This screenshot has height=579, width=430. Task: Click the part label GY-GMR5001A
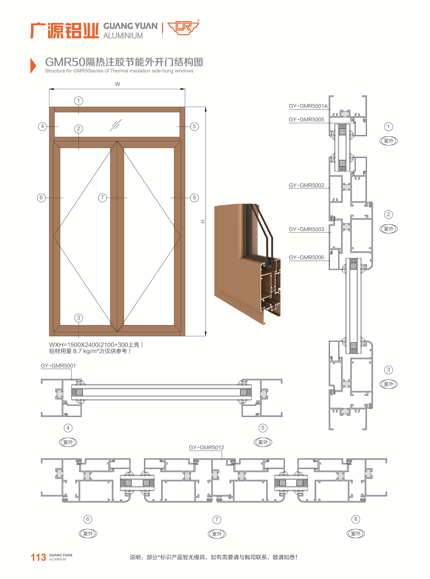point(308,106)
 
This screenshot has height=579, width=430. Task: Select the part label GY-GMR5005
point(306,120)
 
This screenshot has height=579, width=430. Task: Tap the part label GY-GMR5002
point(306,185)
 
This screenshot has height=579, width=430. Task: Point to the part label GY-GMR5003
point(306,229)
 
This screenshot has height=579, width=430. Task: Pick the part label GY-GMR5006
point(306,257)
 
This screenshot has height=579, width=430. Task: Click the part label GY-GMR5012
point(206,448)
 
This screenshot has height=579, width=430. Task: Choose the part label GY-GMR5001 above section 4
point(58,365)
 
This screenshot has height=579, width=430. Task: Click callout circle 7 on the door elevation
point(102,198)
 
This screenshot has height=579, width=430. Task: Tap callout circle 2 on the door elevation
point(79,129)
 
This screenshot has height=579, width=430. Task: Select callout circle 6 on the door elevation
point(41,198)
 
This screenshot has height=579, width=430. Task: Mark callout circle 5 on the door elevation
point(194,126)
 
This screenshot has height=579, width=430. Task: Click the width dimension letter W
point(117,84)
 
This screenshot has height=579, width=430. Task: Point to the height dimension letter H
point(203,221)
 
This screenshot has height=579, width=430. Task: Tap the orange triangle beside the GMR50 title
point(33,66)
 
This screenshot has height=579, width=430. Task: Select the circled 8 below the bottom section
point(356,519)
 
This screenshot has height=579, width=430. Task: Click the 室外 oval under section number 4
point(68,442)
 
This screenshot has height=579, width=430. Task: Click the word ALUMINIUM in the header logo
point(123,36)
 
